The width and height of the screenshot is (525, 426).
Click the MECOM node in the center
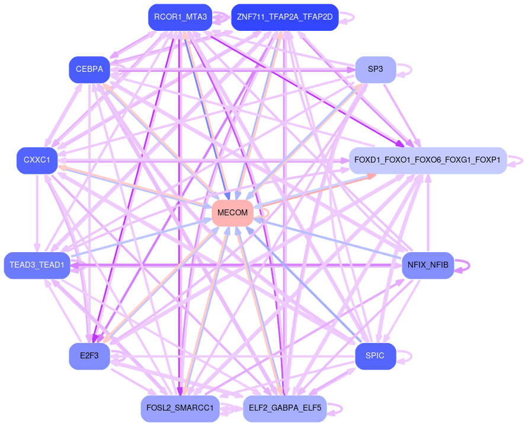tap(232, 213)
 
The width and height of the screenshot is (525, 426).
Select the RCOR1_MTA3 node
tap(180, 17)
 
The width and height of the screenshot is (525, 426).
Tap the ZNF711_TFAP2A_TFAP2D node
tap(284, 17)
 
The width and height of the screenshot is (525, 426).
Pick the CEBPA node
tap(89, 69)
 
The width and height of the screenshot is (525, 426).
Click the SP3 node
tap(375, 69)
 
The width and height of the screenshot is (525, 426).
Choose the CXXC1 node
tap(37, 160)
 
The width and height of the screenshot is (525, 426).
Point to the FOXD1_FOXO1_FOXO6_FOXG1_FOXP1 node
tap(427, 160)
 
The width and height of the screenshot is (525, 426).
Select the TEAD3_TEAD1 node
tap(37, 265)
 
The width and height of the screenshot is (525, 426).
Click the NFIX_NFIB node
tap(428, 265)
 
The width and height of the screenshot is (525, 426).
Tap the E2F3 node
tap(89, 356)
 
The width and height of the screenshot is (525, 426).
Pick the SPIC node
tap(375, 356)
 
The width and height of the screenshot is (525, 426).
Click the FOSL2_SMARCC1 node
tap(180, 408)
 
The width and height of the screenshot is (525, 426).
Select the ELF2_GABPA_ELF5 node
tap(284, 408)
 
